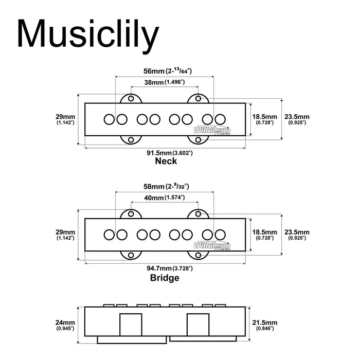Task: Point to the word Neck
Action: click(x=166, y=161)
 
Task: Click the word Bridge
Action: click(x=165, y=278)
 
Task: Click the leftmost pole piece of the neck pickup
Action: click(x=109, y=120)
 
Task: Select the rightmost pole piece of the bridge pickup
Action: click(x=220, y=235)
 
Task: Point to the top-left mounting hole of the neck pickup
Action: click(x=131, y=98)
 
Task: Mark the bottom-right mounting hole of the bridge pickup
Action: click(x=197, y=254)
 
